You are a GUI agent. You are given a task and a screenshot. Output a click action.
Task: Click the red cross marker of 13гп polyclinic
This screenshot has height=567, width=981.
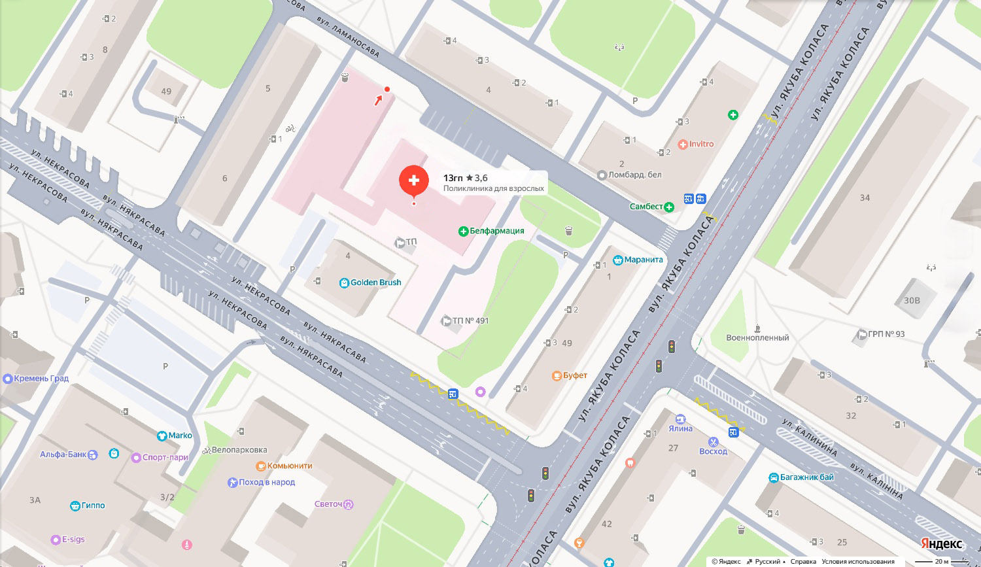413,181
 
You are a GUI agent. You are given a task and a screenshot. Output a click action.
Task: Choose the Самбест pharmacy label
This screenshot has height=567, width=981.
647,207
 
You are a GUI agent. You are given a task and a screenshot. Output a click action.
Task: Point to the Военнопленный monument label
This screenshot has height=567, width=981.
757,337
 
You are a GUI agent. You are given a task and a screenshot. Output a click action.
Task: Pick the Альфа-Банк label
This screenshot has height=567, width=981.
63,455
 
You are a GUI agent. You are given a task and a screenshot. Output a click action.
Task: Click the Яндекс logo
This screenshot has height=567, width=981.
942,544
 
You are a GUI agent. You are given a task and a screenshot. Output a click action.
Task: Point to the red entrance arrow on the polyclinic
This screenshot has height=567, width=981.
379,100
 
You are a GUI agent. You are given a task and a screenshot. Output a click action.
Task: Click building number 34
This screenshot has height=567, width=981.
865,198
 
